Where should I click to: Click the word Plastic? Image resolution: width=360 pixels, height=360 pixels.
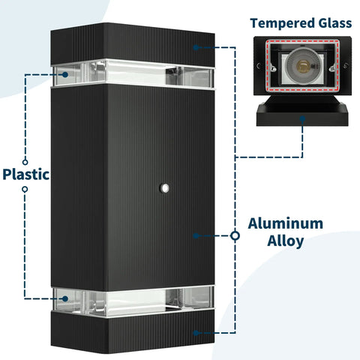[x=25, y=174]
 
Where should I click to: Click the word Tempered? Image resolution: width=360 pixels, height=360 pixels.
[x=282, y=23]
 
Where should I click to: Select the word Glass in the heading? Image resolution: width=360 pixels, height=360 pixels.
[x=335, y=23]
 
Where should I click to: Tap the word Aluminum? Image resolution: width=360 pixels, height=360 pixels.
[x=286, y=223]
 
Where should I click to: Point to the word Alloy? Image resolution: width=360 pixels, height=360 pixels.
[x=286, y=241]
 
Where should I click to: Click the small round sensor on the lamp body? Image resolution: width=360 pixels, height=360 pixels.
[x=165, y=187]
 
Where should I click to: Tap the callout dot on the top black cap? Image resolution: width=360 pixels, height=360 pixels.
[x=196, y=47]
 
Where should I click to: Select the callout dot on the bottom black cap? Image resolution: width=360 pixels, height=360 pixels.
[x=196, y=333]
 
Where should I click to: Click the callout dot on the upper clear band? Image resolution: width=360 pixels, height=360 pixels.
[x=65, y=74]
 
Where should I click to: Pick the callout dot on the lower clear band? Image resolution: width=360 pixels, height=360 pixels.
[x=65, y=298]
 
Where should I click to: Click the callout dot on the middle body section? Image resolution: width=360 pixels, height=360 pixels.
[x=196, y=235]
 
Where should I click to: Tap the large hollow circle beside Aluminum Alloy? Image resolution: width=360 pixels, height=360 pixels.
[x=235, y=235]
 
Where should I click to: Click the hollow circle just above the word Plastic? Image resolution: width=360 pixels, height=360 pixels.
[x=25, y=162]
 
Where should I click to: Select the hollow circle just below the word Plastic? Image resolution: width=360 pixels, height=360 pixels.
[x=25, y=189]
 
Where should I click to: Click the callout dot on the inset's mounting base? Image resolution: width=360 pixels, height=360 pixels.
[x=302, y=118]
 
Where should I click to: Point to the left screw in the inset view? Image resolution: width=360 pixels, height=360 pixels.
[x=259, y=66]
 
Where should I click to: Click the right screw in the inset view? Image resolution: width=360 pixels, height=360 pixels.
[x=346, y=66]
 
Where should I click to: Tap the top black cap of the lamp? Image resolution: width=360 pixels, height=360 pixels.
[x=133, y=44]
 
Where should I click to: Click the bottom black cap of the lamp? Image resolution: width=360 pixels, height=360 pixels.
[x=133, y=331]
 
